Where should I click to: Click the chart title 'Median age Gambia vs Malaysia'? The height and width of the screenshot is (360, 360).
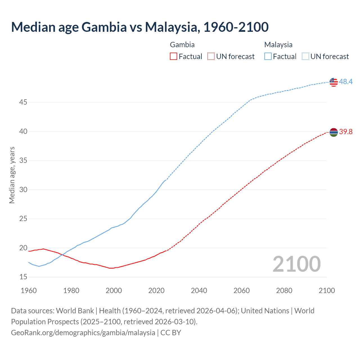click(140, 27)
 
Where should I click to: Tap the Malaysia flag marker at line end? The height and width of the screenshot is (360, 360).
click(334, 82)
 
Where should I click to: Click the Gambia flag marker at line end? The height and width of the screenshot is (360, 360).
click(334, 132)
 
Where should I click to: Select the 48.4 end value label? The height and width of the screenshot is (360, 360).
click(346, 82)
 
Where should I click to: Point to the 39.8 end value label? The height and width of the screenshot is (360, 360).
click(346, 132)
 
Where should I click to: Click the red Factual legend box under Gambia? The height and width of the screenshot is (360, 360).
click(174, 57)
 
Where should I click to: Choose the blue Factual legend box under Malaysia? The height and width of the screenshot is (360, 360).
click(268, 57)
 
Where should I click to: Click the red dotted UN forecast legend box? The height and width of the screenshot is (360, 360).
click(211, 57)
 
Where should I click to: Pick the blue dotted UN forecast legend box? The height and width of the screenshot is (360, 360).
click(305, 57)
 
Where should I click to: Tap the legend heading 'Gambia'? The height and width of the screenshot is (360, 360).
click(182, 45)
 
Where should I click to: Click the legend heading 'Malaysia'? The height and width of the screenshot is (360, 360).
click(278, 45)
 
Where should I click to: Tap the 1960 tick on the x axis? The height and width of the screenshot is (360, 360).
click(29, 291)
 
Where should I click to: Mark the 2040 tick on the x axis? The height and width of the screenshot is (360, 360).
click(199, 291)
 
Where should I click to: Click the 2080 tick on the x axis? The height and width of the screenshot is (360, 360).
click(284, 291)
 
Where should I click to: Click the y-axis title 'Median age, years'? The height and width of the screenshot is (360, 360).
click(12, 175)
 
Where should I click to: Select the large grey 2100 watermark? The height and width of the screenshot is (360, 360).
click(296, 264)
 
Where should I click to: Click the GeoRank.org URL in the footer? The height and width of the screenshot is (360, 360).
click(83, 333)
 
